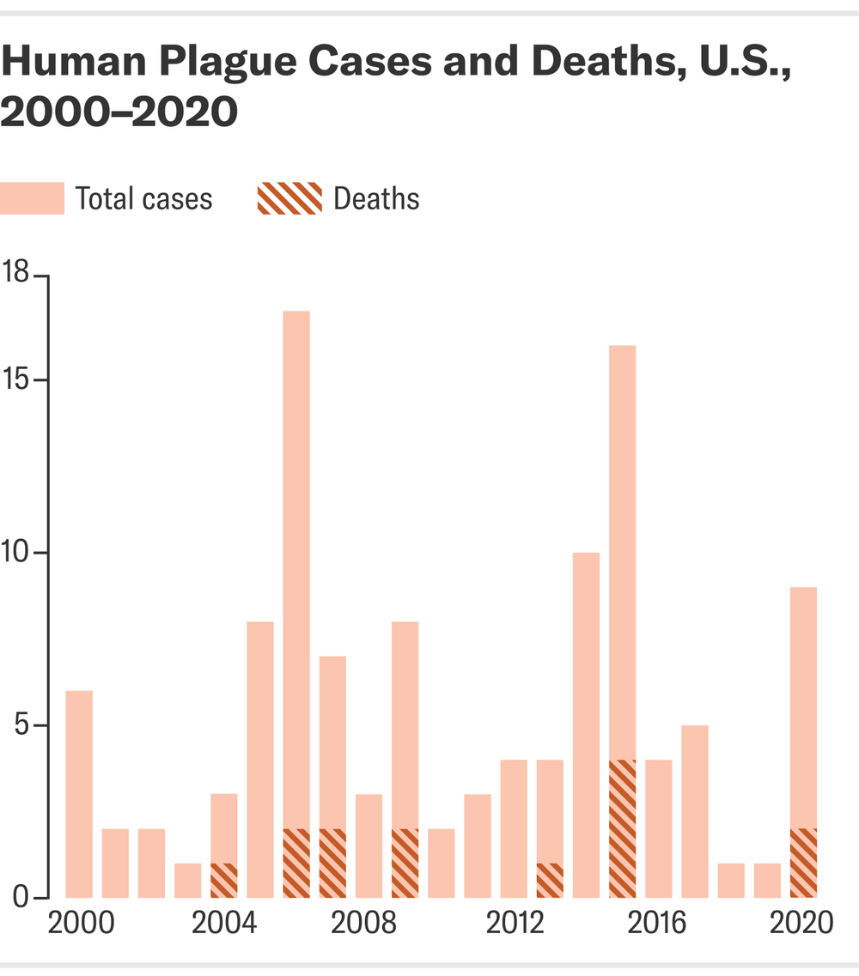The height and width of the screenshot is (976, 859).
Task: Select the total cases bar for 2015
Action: pos(622,549)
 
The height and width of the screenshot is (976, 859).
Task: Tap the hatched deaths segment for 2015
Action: pos(622,828)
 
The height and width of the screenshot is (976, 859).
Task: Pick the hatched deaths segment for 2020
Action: pos(803,863)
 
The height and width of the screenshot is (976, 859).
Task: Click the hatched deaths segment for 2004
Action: pos(224,880)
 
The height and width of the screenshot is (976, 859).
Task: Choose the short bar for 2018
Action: pos(731,880)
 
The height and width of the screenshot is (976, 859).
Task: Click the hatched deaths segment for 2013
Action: pos(550,880)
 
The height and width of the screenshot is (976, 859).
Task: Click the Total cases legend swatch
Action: pos(32,199)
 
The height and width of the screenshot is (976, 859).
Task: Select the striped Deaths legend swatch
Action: pos(289,199)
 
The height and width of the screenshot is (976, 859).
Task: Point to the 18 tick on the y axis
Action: pos(42,276)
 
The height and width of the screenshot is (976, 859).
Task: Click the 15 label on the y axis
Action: pos(15,380)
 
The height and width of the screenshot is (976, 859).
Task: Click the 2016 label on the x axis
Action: pos(658,924)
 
